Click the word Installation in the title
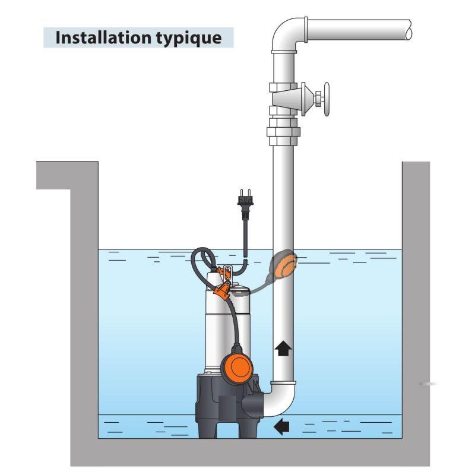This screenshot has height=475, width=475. tap(103, 37)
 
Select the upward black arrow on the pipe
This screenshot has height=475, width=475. tap(283, 348)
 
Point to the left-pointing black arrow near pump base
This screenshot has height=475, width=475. tap(281, 426)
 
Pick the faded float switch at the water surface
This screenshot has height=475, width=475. tap(283, 264)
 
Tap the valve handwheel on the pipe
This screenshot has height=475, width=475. tap(326, 99)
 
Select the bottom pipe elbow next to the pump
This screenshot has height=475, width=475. tap(280, 399)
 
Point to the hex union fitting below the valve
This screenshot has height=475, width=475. tap(283, 132)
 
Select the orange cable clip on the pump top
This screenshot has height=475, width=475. tap(222, 290)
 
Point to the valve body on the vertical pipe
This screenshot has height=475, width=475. tap(287, 99)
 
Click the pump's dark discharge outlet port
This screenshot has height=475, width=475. tap(253, 407)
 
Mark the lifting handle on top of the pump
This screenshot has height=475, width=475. tap(227, 270)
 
